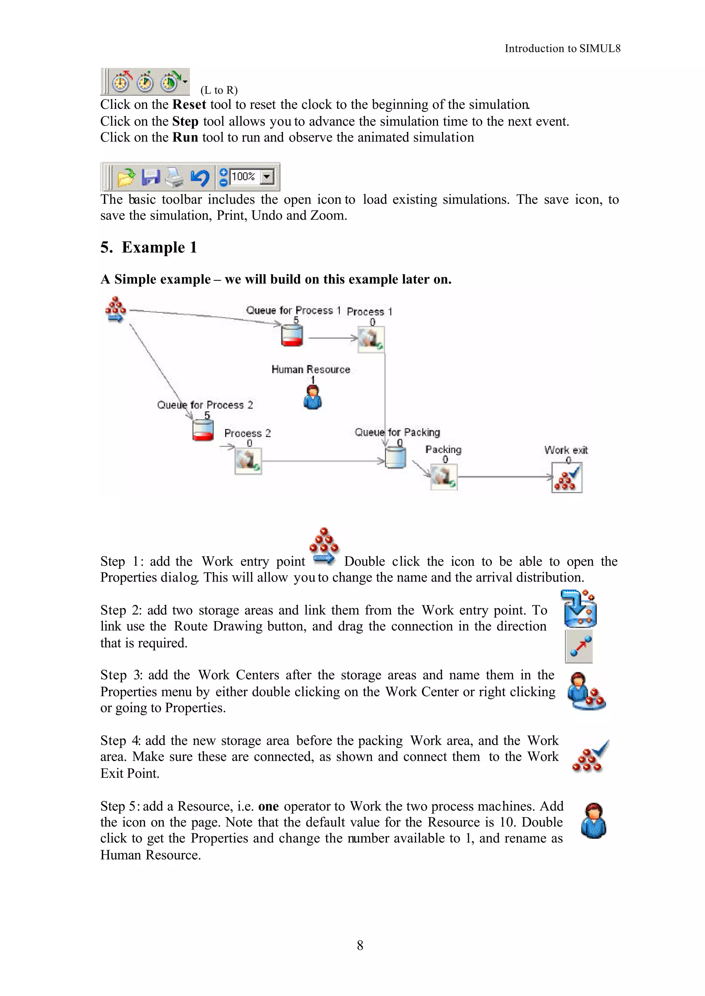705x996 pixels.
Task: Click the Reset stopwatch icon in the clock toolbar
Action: click(x=122, y=82)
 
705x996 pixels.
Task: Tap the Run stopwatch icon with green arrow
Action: click(x=170, y=82)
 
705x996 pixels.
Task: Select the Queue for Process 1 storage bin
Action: click(x=292, y=336)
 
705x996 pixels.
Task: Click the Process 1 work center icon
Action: click(x=371, y=339)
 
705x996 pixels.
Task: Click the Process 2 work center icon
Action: click(x=248, y=461)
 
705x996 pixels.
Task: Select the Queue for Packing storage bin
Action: click(x=396, y=458)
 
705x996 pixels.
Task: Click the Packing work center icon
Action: click(x=444, y=477)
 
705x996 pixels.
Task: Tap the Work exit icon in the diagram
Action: click(x=567, y=478)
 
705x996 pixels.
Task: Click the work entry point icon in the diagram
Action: click(x=115, y=310)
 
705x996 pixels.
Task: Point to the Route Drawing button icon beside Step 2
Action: click(x=579, y=647)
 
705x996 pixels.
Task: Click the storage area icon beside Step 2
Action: click(x=579, y=609)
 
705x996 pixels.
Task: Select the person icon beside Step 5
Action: click(x=593, y=821)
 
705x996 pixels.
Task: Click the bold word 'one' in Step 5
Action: click(x=268, y=806)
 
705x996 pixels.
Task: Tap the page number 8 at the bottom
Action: click(x=360, y=945)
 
